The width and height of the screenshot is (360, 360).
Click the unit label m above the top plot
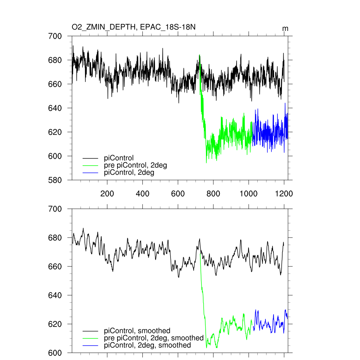point(285,28)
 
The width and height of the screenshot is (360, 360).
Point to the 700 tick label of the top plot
point(55,36)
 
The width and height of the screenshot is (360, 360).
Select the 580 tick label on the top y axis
point(55,180)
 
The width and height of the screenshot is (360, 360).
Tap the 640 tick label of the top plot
point(55,108)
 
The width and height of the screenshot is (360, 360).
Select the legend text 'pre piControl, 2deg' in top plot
point(136,165)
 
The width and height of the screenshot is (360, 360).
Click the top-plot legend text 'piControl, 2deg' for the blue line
point(129,173)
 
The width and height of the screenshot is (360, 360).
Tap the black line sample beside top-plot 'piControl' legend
point(90,158)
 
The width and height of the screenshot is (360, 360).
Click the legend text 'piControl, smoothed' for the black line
point(137,330)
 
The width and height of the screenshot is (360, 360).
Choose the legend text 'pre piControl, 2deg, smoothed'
point(154,338)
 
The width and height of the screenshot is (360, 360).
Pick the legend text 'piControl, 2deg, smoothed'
point(148,345)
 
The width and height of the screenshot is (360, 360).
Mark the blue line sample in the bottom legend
point(90,346)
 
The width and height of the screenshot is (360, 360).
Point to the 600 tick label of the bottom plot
point(55,353)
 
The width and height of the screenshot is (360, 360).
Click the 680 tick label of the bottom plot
point(55,238)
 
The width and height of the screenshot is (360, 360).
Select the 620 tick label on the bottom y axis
point(55,324)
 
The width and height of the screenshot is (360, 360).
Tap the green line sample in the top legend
point(90,166)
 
